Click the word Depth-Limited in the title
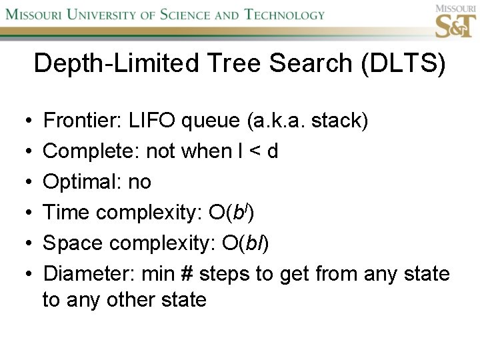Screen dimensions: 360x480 click(108, 64)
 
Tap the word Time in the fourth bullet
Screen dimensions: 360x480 click(67, 212)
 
